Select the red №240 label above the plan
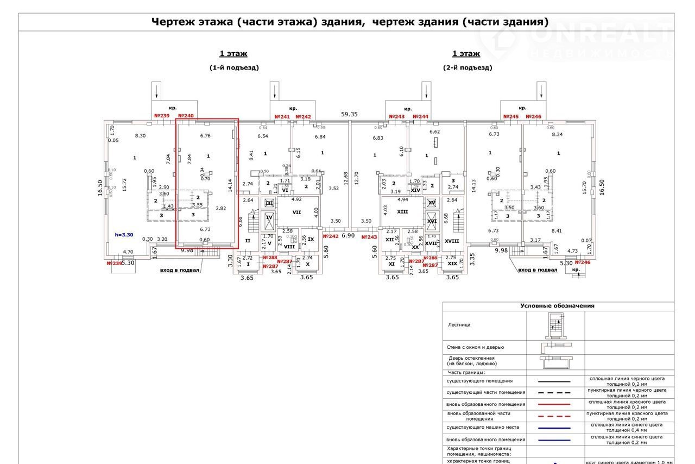coord(185,116)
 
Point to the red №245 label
coord(511,117)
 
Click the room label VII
coord(296,212)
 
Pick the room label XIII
coord(402,212)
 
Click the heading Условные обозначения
coord(557,306)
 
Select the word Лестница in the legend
coord(459,325)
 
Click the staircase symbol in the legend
coord(555,325)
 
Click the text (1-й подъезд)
coord(234,68)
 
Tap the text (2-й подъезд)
coord(467,68)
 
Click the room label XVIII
coord(452,241)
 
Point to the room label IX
coord(311,239)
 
